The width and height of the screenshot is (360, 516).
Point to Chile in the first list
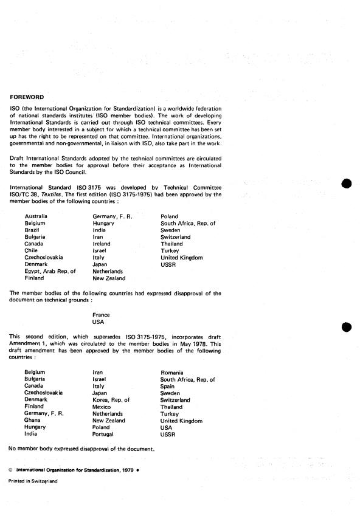(31, 250)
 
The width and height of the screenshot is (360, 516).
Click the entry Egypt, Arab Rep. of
(50, 271)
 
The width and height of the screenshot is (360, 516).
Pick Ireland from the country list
(102, 244)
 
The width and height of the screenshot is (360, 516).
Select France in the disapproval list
(101, 315)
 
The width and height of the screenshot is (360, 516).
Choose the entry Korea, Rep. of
(111, 400)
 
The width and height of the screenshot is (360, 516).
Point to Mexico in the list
(103, 407)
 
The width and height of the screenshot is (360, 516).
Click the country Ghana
(33, 421)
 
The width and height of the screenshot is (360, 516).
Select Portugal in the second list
(103, 435)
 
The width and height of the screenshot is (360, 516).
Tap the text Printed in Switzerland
(33, 481)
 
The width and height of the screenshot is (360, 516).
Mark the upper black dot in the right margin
(347, 185)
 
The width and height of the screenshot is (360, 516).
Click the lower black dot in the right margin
(347, 328)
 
